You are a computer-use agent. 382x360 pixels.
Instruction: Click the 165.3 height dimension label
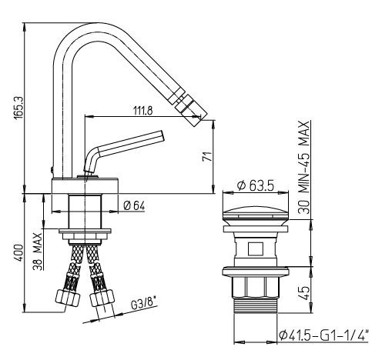click(19, 108)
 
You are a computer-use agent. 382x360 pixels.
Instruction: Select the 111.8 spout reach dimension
click(143, 111)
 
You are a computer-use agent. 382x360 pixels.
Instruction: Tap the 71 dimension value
click(207, 156)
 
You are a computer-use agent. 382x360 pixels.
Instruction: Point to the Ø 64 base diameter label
click(134, 205)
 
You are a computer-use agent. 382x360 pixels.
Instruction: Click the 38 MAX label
click(38, 252)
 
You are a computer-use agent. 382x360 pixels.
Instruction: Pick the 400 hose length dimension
click(18, 253)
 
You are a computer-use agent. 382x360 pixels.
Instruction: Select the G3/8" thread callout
click(143, 304)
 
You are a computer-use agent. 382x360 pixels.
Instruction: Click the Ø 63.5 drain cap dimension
click(256, 185)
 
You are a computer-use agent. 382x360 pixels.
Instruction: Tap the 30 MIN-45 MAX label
click(304, 167)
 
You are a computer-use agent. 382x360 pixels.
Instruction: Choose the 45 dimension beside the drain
click(305, 293)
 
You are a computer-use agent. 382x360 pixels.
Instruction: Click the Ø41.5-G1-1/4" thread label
click(323, 335)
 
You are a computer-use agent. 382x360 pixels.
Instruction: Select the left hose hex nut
click(68, 298)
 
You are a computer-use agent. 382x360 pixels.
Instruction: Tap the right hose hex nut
click(102, 297)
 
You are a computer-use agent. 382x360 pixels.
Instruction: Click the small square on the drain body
click(256, 249)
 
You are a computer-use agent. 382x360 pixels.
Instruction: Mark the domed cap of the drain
click(256, 213)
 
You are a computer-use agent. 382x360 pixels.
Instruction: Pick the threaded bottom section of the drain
click(256, 305)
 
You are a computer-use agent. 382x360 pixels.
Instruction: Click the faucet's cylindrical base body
click(85, 185)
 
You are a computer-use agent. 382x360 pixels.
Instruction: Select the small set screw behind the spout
click(52, 169)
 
